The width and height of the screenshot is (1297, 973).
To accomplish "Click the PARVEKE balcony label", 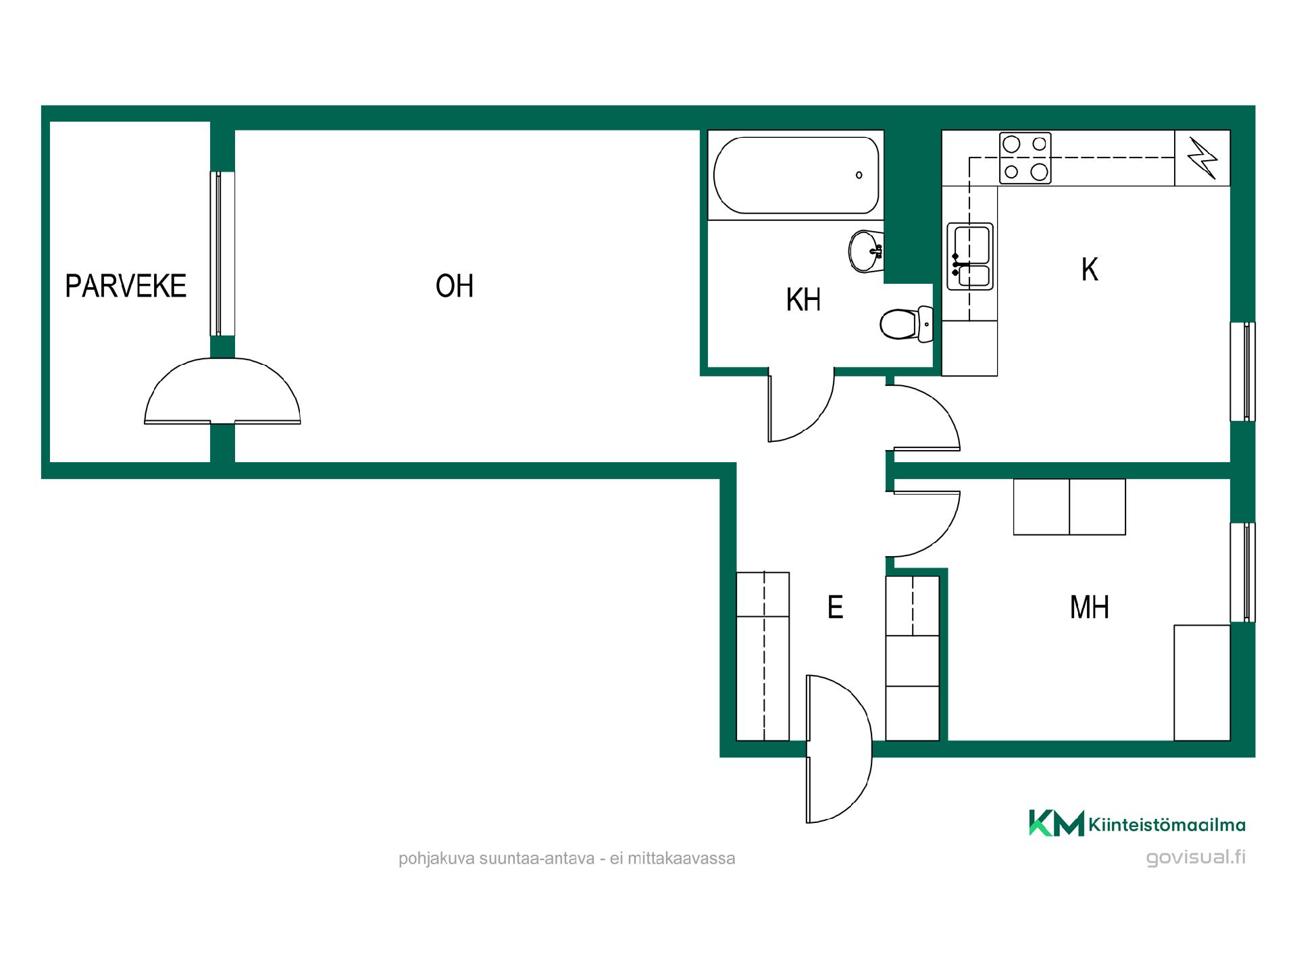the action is (x=126, y=286).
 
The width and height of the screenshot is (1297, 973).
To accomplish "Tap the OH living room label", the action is (x=455, y=286).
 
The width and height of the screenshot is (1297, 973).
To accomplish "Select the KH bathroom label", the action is (x=803, y=300).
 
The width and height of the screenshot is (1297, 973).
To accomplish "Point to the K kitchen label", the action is (x=1090, y=270).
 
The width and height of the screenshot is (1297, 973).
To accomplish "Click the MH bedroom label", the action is (x=1090, y=607).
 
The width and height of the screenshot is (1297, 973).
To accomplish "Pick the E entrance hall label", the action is (x=836, y=607).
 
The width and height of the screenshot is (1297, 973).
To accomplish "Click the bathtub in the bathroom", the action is (x=796, y=175).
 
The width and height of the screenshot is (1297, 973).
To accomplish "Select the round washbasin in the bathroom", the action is (x=865, y=251).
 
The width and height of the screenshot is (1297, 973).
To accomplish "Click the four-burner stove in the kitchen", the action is (x=1025, y=158).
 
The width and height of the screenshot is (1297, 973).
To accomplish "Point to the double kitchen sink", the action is (x=970, y=257).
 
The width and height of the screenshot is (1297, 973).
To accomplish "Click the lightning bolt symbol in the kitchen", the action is (x=1202, y=158).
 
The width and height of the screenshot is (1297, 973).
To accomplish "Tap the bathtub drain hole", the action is (x=859, y=175).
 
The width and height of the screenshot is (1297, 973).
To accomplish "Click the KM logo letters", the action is (x=1057, y=823).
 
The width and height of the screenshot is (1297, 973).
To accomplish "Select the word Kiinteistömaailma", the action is (x=1167, y=824).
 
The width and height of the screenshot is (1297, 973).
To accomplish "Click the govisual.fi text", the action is (x=1196, y=857).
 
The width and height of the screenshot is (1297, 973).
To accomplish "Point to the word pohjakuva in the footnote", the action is (x=436, y=859).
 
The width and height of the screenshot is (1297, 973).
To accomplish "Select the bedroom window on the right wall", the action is (x=1243, y=572).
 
